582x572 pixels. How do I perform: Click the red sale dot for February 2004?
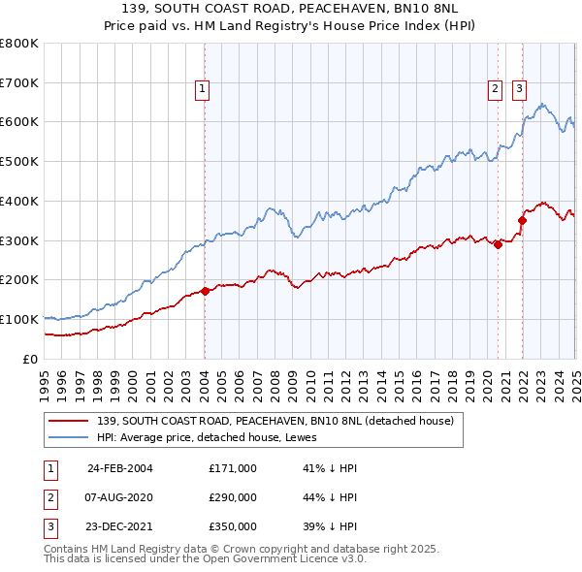click(x=205, y=291)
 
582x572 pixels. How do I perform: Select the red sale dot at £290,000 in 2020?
click(x=498, y=244)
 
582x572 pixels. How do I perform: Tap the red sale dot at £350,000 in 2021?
click(x=522, y=220)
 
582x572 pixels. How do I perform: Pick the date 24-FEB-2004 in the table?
click(x=120, y=468)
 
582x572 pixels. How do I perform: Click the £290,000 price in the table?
click(x=233, y=497)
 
